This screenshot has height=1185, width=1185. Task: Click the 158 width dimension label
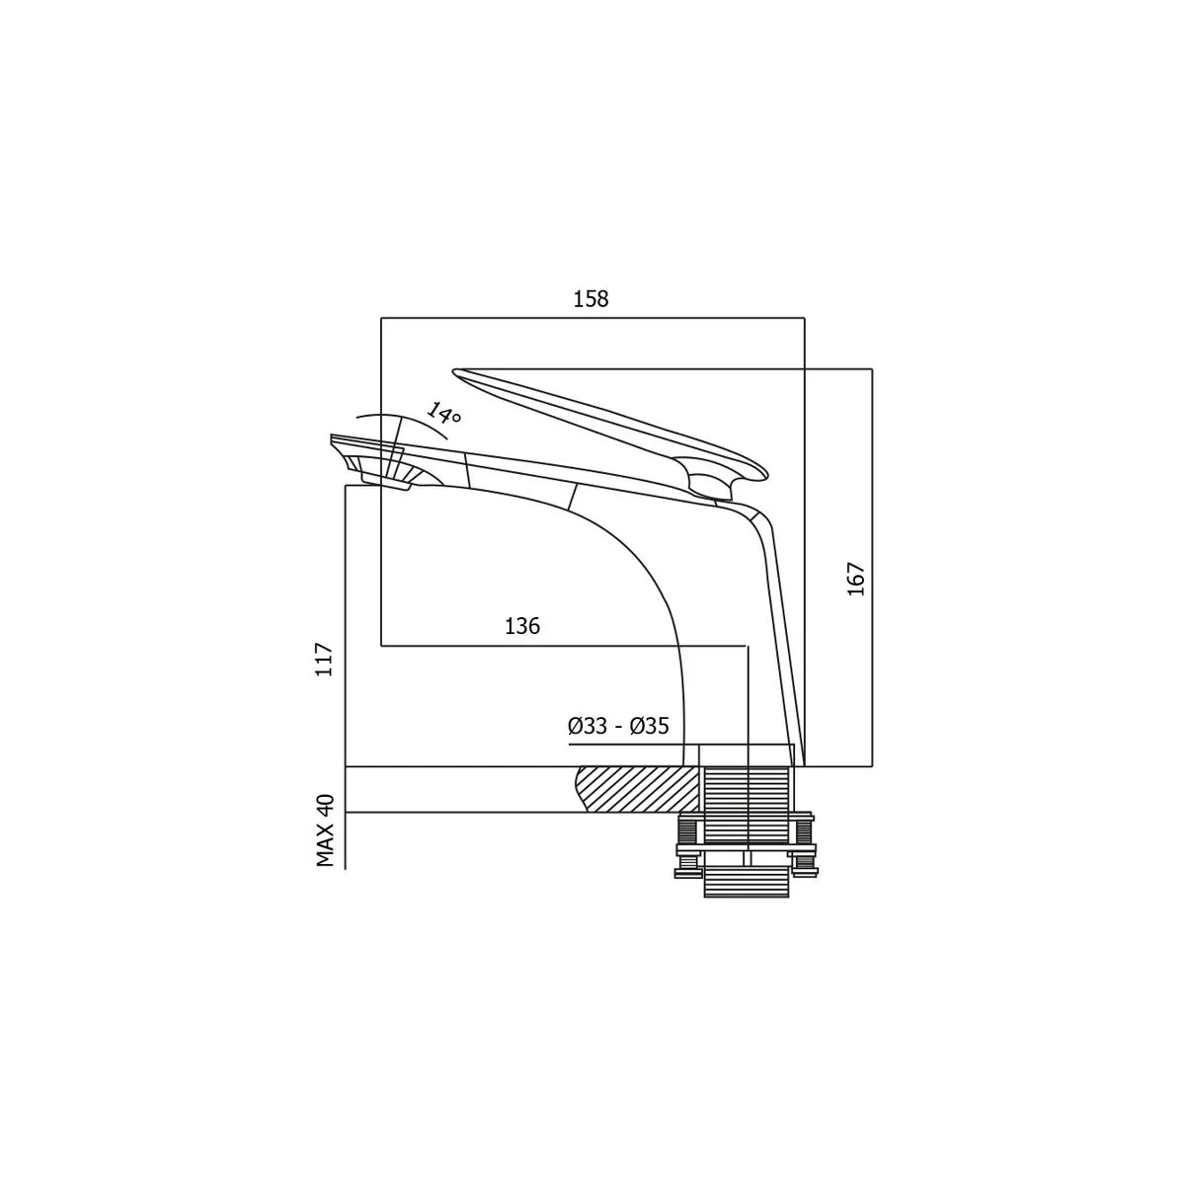[591, 299]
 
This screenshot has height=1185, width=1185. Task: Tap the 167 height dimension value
[856, 578]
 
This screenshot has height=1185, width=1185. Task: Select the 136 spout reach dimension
[522, 626]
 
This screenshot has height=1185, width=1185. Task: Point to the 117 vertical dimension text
[324, 660]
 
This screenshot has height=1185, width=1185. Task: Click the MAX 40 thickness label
[325, 830]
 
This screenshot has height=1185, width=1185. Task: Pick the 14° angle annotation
[443, 414]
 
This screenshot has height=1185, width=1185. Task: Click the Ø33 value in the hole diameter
[587, 726]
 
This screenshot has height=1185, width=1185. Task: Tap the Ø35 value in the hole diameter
[650, 726]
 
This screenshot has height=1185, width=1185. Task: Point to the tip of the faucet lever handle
[455, 371]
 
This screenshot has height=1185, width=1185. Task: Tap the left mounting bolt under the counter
[688, 843]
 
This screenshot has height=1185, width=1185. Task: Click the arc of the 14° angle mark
[401, 422]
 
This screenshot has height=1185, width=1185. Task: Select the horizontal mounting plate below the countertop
[746, 850]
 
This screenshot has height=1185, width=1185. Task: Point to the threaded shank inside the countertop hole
[746, 789]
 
